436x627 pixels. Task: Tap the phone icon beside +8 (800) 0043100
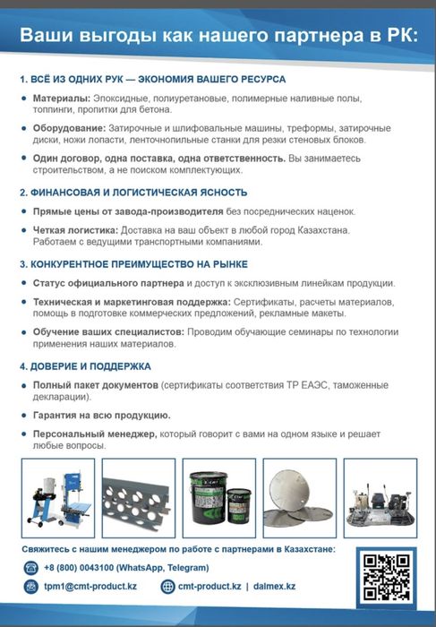coord(30,568)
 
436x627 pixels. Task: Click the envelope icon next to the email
coord(30,587)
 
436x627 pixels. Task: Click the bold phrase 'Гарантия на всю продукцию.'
coord(102,416)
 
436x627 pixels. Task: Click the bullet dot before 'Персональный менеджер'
coord(24,434)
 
